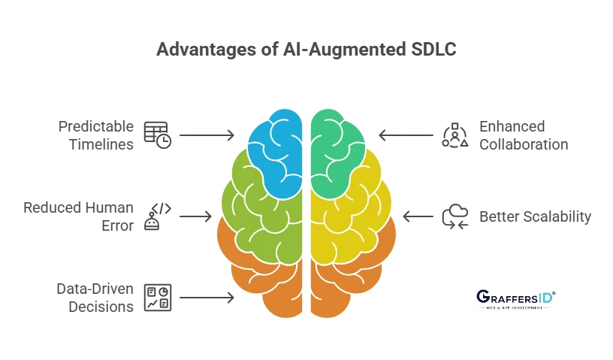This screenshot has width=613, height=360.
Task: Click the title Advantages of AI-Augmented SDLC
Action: click(306, 50)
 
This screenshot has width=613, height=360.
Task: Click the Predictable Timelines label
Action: click(96, 135)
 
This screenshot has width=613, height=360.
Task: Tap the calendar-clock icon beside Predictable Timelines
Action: click(157, 135)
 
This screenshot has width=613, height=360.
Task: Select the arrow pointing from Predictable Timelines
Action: click(207, 135)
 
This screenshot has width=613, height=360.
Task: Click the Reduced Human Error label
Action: click(78, 216)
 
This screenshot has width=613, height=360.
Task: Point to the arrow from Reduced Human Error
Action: click(196, 216)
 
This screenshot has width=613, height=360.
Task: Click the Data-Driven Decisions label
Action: click(95, 298)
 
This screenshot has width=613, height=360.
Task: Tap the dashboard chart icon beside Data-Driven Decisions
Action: click(158, 298)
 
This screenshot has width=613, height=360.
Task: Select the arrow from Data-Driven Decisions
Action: click(207, 298)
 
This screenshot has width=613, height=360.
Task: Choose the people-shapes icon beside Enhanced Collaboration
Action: click(455, 135)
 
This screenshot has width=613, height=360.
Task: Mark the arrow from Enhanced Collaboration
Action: click(406, 135)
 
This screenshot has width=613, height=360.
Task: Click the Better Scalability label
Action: click(536, 216)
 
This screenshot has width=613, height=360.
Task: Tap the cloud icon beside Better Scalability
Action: click(454, 216)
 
